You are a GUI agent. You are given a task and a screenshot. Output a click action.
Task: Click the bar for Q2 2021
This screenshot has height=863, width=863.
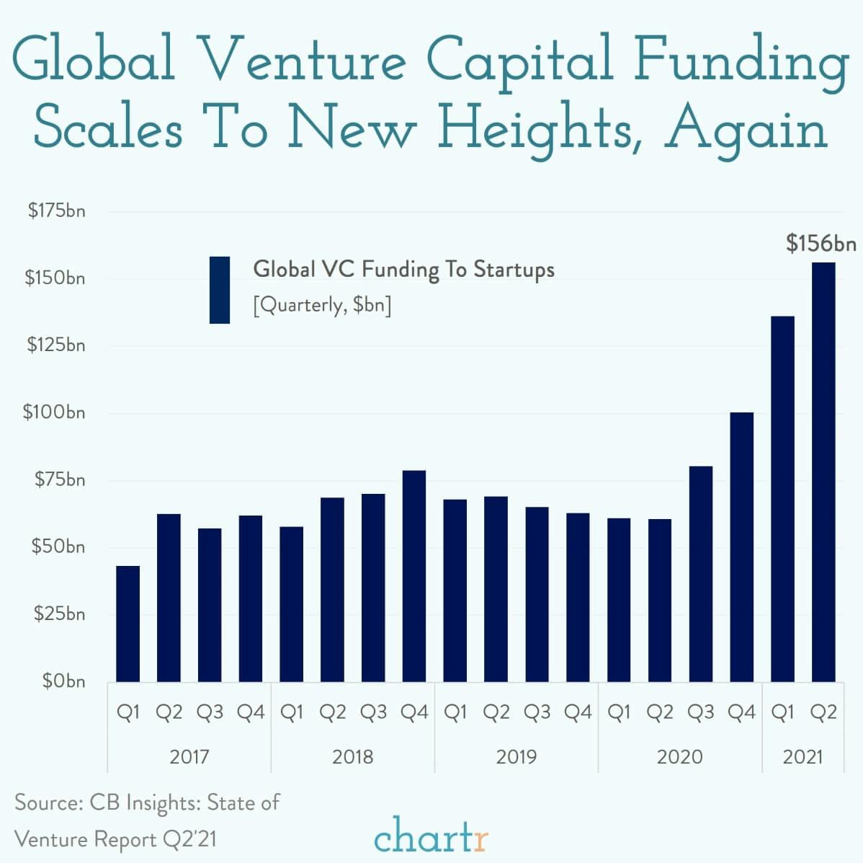click(823, 472)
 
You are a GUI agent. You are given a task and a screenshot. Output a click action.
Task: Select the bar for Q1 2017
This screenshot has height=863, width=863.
click(128, 624)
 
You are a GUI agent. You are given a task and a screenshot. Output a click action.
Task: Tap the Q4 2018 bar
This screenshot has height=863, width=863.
click(413, 576)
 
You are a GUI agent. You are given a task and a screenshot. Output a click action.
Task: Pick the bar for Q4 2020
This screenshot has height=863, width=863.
click(741, 547)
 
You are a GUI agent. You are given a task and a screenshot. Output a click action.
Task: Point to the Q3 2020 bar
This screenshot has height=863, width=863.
click(700, 574)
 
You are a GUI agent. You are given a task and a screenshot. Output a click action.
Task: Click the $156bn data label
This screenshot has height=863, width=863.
click(821, 244)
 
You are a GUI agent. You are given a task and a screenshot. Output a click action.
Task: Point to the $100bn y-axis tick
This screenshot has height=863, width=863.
click(54, 412)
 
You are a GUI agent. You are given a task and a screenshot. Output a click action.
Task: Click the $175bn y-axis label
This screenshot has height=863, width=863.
click(56, 211)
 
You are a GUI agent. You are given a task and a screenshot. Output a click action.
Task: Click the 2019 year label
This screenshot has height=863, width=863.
click(516, 756)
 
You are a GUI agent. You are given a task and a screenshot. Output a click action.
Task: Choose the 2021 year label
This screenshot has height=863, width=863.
click(802, 756)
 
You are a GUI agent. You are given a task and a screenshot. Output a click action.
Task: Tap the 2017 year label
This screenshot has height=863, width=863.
click(189, 756)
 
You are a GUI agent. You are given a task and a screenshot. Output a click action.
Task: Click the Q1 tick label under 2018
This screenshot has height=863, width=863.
click(291, 713)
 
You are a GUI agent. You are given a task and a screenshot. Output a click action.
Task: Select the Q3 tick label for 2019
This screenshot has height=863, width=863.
click(537, 713)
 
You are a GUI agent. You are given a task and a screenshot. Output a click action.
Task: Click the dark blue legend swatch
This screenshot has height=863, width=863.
click(219, 290)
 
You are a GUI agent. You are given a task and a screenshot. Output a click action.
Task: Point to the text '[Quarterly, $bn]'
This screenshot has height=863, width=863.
click(322, 306)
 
